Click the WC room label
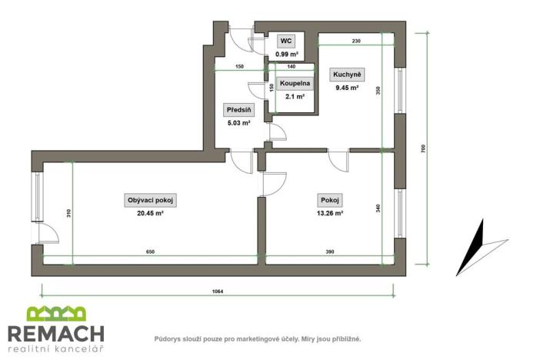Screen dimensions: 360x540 click(x=286, y=41)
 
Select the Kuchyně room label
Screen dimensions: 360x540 click(x=346, y=75)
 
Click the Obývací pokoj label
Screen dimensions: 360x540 click(x=151, y=200)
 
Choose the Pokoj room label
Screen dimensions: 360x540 click(x=331, y=200)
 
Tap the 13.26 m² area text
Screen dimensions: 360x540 click(x=331, y=214)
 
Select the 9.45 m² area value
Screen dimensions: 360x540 click(x=346, y=88)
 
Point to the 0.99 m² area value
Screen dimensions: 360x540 click(x=286, y=54)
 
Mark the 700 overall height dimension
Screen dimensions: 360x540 click(x=423, y=149)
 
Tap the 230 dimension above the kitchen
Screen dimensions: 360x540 click(x=356, y=41)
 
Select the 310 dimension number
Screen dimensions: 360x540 click(x=68, y=215)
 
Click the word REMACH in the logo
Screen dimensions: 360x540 click(x=55, y=333)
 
